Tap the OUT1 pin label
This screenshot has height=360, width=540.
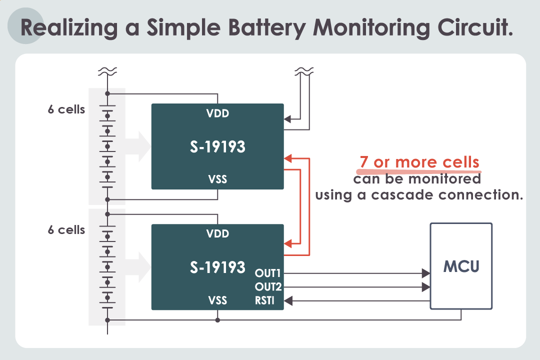[x=267, y=273]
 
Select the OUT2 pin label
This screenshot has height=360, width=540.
[x=268, y=286]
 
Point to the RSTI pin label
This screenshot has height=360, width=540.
[x=264, y=300]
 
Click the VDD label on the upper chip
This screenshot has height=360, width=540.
[x=217, y=113]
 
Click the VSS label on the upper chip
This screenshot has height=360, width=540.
[x=217, y=179]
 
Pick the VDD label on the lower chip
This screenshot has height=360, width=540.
[x=217, y=233]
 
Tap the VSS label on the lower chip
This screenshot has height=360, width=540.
[x=217, y=300]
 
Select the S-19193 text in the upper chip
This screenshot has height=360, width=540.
[x=217, y=147]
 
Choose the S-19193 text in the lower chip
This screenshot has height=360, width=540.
[x=217, y=267]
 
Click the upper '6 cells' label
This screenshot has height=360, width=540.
[x=66, y=109]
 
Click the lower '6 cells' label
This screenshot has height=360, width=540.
[x=66, y=230]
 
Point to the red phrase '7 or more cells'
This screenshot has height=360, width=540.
[x=419, y=161]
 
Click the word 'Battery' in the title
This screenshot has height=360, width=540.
[x=267, y=28]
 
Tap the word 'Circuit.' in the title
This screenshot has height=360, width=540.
[x=475, y=27]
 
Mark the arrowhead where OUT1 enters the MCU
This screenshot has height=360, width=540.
[x=426, y=273]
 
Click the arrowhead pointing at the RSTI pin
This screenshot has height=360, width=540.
[x=288, y=300]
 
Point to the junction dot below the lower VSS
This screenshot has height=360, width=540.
[x=217, y=320]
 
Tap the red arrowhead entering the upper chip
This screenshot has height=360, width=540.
[x=288, y=158]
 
